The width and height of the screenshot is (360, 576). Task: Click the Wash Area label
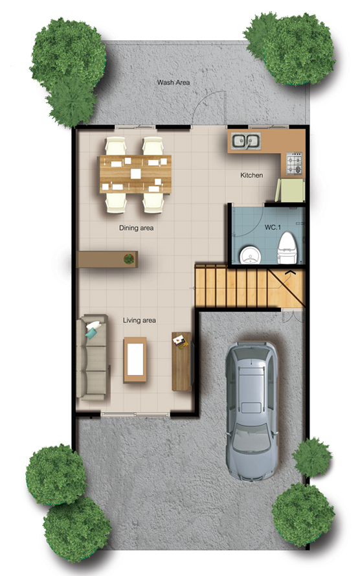click(x=174, y=83)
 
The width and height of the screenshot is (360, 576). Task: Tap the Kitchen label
click(x=251, y=175)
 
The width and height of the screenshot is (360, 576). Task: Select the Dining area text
click(x=136, y=228)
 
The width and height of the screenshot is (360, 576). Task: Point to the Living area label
click(x=139, y=320)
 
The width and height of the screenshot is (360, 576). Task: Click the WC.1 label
click(x=273, y=227)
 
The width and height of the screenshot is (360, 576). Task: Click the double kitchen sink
click(x=246, y=141)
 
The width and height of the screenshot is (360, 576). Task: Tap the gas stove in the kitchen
click(x=295, y=164)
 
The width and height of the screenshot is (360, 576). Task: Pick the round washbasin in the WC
click(x=251, y=255)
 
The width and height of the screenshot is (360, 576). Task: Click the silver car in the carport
click(x=252, y=411)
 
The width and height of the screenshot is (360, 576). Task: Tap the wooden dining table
click(x=135, y=174)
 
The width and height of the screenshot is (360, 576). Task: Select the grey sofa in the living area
click(x=92, y=357)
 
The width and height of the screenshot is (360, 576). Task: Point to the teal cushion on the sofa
click(x=91, y=332)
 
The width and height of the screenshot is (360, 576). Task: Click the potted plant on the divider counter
click(x=129, y=259)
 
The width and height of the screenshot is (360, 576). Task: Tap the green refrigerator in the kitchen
click(x=290, y=190)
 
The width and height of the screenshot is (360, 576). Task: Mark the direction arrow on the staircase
click(x=289, y=272)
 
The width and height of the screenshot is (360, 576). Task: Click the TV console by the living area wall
click(x=182, y=362)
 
